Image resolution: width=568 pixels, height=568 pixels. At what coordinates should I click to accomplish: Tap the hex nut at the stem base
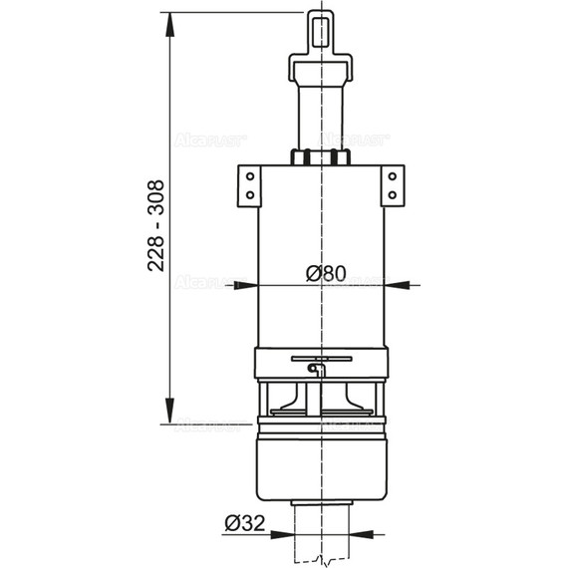point(319,156)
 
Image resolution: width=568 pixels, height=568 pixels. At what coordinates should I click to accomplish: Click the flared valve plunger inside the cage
point(319,401)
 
